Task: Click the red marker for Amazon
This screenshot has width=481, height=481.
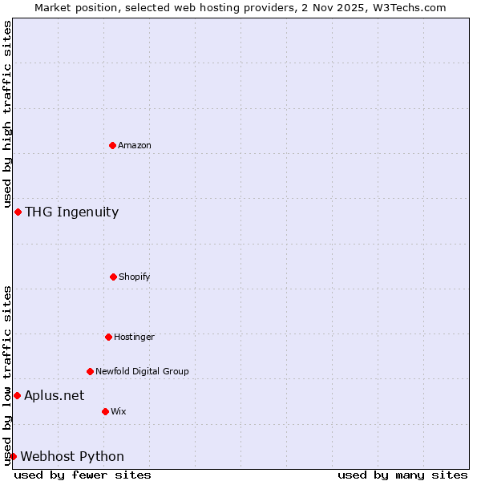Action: click(113, 145)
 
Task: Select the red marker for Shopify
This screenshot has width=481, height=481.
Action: click(113, 277)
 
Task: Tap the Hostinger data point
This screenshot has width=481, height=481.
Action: click(108, 337)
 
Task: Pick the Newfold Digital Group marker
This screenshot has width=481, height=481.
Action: click(90, 371)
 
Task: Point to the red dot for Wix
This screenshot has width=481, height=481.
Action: click(105, 411)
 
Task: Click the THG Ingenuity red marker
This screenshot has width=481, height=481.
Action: click(18, 212)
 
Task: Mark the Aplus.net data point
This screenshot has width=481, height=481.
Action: click(17, 395)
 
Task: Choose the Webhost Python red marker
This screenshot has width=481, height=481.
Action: click(13, 456)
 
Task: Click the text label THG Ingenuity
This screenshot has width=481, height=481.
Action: click(71, 212)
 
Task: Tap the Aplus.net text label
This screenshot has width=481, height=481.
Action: click(54, 395)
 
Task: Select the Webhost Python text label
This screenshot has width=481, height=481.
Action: click(72, 456)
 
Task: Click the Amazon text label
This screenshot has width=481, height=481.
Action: click(135, 145)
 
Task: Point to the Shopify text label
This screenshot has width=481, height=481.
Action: click(135, 277)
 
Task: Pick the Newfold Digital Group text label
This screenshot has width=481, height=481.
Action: click(142, 371)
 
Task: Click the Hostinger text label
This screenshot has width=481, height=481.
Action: click(134, 337)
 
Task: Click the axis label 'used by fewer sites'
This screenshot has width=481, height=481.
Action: click(83, 475)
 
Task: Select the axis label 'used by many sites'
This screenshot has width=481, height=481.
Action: click(402, 475)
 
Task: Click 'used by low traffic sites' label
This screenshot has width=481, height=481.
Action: click(7, 374)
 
